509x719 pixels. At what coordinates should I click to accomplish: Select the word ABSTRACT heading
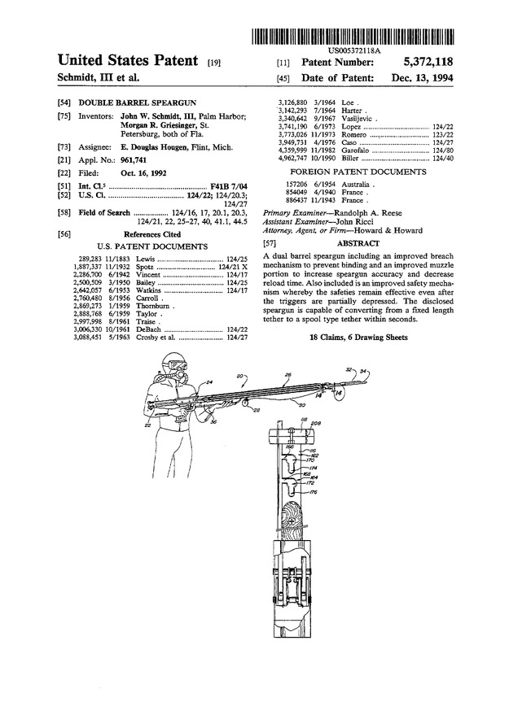[x=358, y=243]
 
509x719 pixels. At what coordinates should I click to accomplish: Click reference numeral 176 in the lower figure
[x=313, y=493]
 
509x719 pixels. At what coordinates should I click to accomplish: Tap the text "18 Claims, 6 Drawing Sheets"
[x=357, y=336]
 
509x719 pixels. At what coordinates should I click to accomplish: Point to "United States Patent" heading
[x=129, y=61]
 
